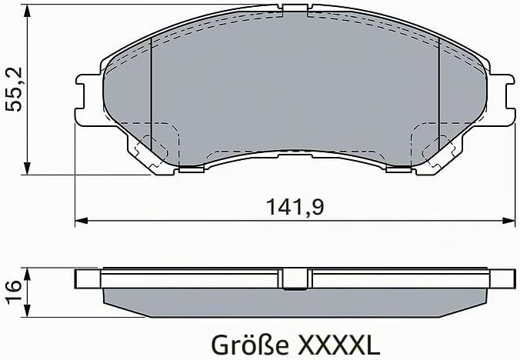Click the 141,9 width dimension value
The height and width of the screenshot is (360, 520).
tap(295, 206)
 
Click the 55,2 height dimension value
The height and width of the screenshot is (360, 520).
tap(15, 89)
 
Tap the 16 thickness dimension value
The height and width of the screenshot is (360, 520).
tap(14, 292)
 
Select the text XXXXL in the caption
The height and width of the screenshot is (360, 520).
tap(339, 345)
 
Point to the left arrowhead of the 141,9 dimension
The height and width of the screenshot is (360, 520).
tap(82, 221)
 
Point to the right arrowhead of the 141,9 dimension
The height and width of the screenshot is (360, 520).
tap(508, 221)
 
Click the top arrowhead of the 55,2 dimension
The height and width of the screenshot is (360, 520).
tap(27, 11)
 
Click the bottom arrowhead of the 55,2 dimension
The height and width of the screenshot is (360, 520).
tap(27, 168)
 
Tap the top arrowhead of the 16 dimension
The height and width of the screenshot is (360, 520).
tap(27, 275)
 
